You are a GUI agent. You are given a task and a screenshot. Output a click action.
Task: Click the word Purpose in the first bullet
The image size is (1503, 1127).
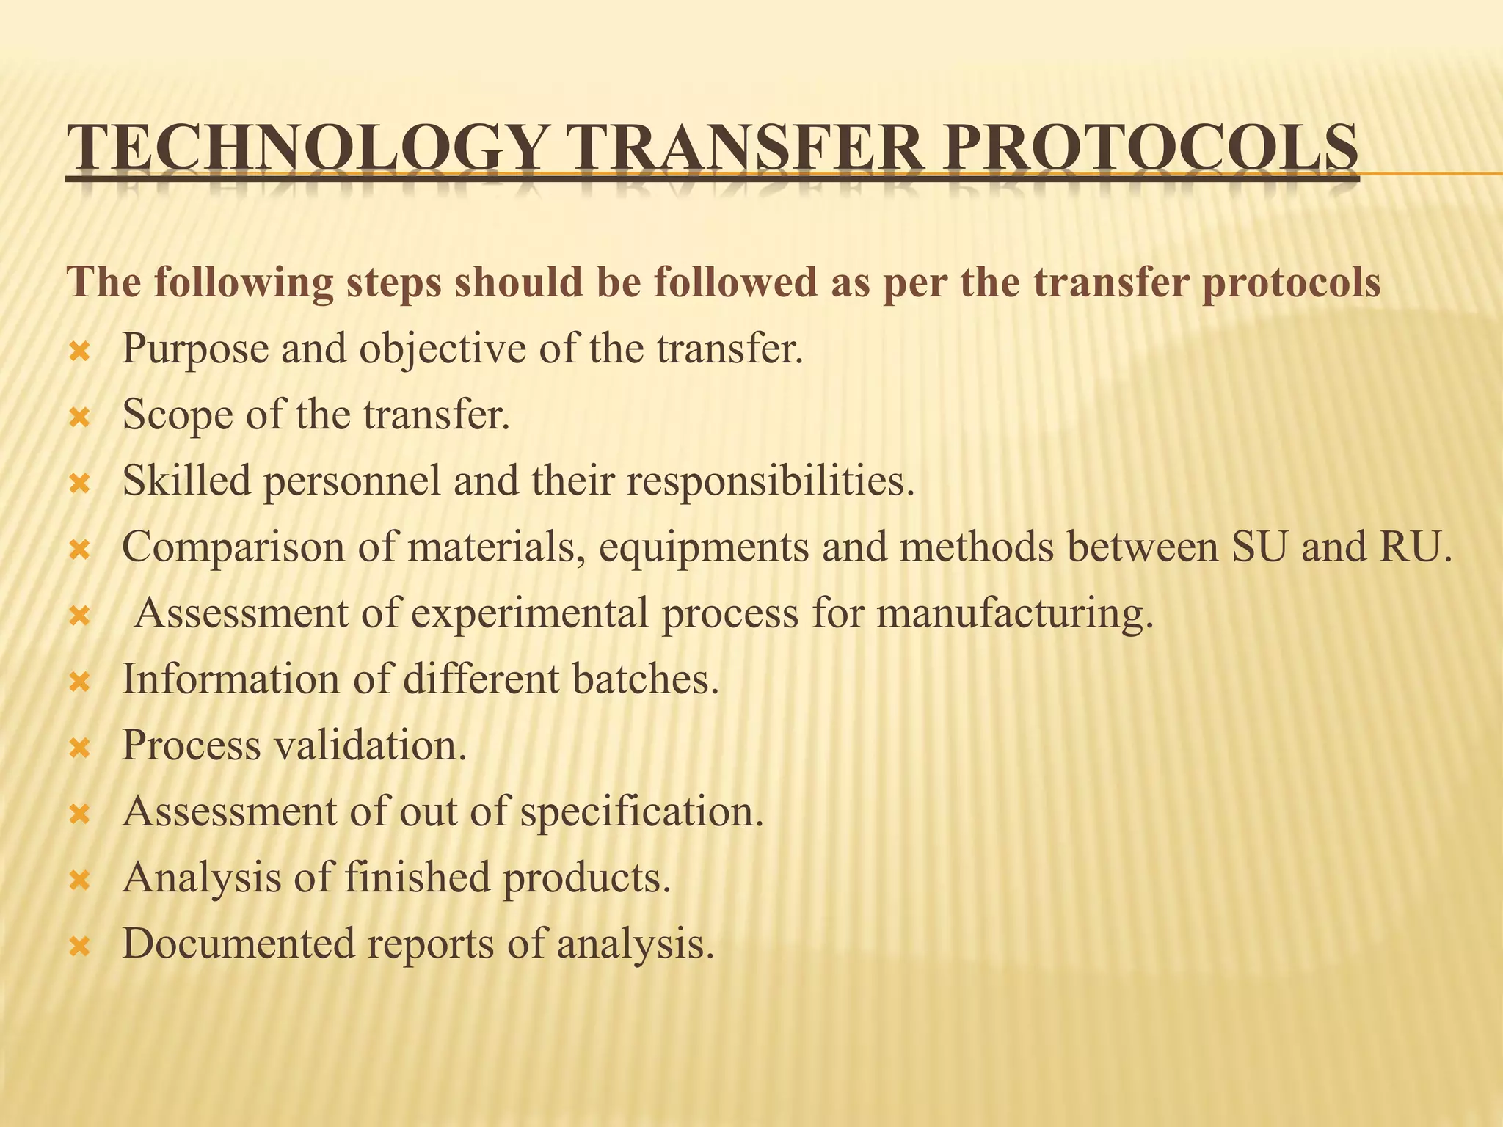pyautogui.click(x=195, y=349)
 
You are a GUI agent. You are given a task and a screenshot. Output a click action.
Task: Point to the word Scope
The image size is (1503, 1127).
pyautogui.click(x=176, y=415)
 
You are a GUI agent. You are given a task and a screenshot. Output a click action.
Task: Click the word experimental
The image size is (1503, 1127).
pyautogui.click(x=529, y=614)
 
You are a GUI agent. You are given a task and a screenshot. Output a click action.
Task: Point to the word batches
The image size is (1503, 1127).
pyautogui.click(x=645, y=679)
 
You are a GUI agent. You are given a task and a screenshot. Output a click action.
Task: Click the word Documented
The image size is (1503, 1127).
pyautogui.click(x=239, y=944)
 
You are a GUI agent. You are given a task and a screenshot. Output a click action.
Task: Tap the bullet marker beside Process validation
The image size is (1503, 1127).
pyautogui.click(x=79, y=748)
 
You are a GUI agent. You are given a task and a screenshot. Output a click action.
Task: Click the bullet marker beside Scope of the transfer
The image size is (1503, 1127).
pyautogui.click(x=79, y=418)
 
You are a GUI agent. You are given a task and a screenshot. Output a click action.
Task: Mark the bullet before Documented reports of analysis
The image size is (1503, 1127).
pyautogui.click(x=79, y=947)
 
